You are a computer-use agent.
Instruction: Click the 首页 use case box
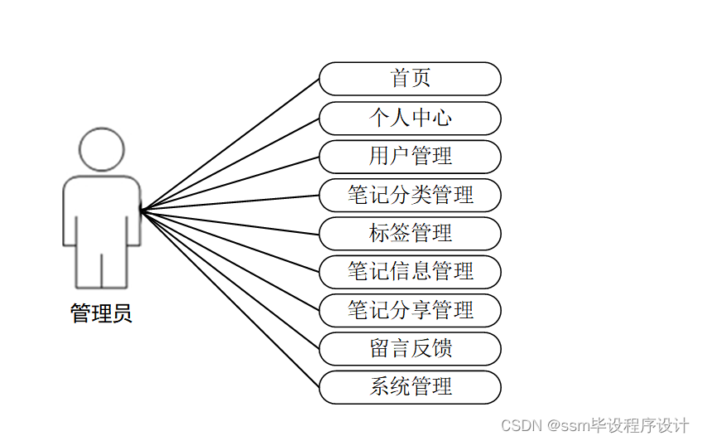[410, 79]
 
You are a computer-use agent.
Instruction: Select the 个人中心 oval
[410, 118]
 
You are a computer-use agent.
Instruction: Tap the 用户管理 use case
[410, 157]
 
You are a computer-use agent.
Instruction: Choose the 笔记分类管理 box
[410, 195]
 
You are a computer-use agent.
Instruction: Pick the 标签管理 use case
[410, 234]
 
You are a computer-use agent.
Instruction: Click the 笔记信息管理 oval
[410, 272]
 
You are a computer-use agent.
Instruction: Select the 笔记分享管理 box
[410, 310]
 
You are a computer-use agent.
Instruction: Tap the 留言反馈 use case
[410, 349]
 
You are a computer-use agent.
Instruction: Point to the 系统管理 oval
[410, 387]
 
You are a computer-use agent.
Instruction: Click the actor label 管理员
[101, 314]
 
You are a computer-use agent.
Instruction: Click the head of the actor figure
[102, 149]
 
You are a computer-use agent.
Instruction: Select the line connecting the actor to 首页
[230, 145]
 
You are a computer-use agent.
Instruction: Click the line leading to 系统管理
[230, 298]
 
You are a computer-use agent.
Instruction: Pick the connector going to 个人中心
[230, 164]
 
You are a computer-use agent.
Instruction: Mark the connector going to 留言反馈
[230, 279]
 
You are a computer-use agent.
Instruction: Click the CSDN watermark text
[520, 425]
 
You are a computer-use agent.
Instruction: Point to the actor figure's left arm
[70, 211]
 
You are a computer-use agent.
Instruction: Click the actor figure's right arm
[134, 211]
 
